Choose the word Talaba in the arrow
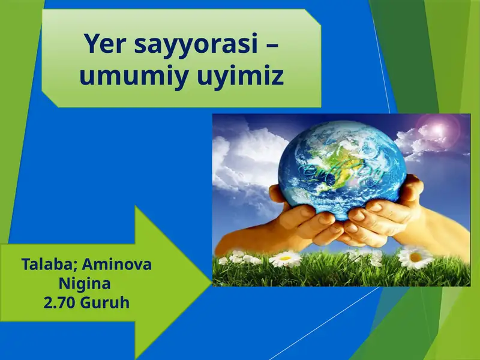49,264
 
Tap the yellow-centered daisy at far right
415,257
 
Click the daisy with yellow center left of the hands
286,259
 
